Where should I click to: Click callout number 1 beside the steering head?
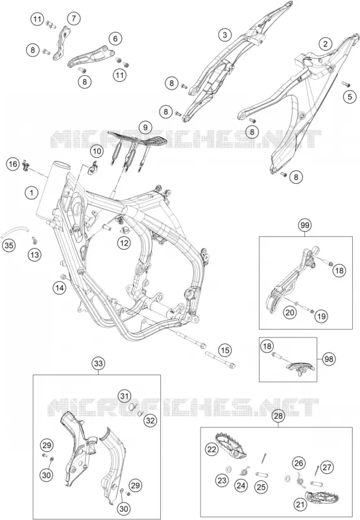point(32,192)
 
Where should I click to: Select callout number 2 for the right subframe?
point(325,43)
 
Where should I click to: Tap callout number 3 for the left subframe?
point(224,35)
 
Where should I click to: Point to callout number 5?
point(350,97)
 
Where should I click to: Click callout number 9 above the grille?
point(145,127)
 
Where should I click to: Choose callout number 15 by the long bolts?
point(225,350)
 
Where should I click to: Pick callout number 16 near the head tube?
point(13,164)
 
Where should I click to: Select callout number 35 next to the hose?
point(10,246)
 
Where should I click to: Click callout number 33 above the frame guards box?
point(99,363)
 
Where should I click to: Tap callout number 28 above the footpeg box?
point(278,416)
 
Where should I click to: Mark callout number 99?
point(305,225)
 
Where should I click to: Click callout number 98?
point(329,359)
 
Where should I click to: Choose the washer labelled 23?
point(228,469)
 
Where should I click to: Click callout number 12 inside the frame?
point(124,243)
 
